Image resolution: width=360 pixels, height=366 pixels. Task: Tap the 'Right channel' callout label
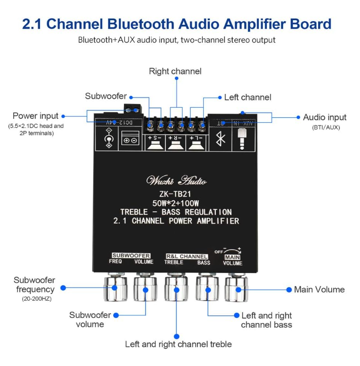click(x=175, y=71)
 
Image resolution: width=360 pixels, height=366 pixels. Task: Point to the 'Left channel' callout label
click(x=248, y=97)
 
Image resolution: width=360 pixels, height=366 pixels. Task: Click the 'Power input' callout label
click(x=35, y=116)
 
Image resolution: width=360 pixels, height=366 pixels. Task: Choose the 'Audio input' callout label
click(x=325, y=117)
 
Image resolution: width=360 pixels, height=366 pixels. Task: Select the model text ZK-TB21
click(x=176, y=194)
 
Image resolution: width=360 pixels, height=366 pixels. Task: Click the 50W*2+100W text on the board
click(x=176, y=203)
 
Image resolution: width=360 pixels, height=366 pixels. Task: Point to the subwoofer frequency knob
click(x=115, y=289)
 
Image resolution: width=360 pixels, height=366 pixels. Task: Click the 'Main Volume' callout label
click(x=319, y=290)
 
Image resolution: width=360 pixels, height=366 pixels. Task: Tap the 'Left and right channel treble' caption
click(x=178, y=344)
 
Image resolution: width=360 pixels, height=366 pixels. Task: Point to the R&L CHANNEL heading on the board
click(x=187, y=256)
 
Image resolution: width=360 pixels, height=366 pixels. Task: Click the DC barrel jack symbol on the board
click(x=108, y=138)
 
